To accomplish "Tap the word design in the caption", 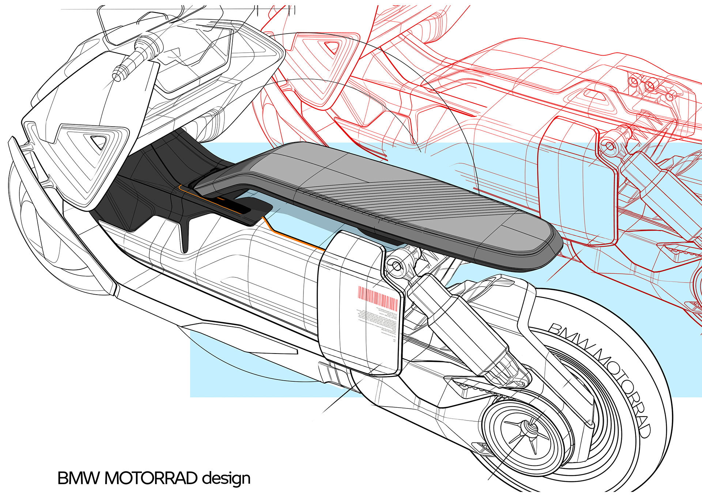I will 227,478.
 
